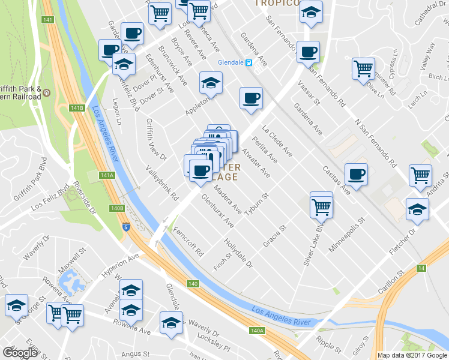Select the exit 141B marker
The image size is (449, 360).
click(76, 108)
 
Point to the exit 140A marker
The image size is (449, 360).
click(257, 330)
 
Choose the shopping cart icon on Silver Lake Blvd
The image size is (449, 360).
click(322, 206)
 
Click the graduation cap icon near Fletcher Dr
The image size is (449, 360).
click(417, 210)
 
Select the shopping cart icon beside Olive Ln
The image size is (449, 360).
click(364, 69)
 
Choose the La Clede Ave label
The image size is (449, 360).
click(277, 140)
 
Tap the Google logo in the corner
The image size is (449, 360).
click(20, 353)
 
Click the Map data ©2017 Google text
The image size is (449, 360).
click(413, 355)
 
